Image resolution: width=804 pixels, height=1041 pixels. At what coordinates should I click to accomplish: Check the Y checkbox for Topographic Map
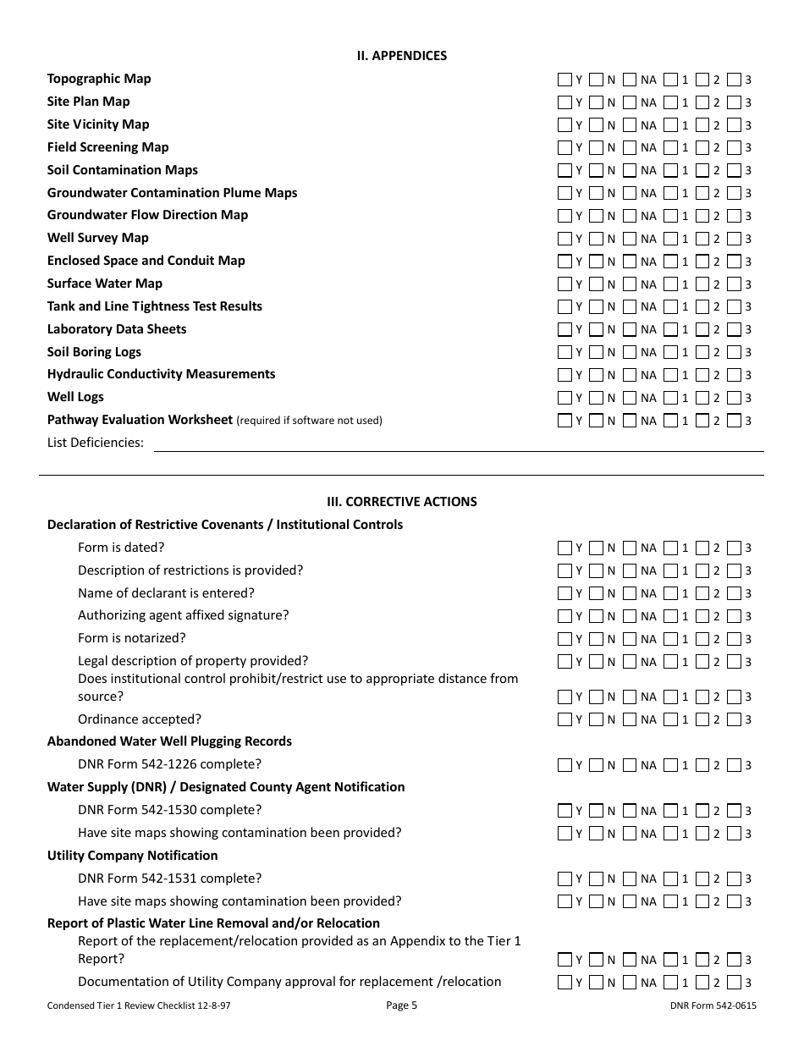pos(564,80)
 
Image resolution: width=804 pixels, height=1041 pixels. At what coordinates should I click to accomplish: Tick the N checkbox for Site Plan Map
pos(597,102)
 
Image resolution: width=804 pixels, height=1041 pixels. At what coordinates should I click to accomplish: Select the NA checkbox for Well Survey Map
pos(630,239)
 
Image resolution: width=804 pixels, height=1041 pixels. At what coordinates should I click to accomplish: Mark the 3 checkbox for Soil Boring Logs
pos(734,352)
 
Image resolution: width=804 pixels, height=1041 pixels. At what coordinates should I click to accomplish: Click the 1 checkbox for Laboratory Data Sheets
pos(670,329)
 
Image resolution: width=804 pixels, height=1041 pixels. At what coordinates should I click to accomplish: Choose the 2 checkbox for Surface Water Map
pos(702,284)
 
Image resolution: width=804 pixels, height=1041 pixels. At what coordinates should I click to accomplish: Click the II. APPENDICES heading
pos(401,56)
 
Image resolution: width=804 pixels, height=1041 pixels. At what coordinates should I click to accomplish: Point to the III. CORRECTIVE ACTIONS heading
pos(401,502)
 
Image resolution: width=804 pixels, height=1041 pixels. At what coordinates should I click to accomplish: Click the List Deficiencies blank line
pos(457,443)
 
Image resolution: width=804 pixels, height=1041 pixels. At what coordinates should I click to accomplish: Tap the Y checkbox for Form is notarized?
pos(564,639)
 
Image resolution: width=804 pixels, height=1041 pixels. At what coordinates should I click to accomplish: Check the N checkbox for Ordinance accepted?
pos(597,719)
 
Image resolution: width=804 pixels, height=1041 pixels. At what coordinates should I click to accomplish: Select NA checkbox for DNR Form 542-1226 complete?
pos(630,765)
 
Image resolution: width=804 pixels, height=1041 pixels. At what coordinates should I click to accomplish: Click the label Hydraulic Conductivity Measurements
pos(161,374)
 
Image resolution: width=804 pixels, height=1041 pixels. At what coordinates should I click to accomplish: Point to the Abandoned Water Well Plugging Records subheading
pos(169,741)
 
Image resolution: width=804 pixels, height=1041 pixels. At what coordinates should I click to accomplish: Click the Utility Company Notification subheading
pos(132,856)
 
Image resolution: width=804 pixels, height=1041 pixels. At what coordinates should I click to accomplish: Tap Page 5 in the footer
pos(401,1005)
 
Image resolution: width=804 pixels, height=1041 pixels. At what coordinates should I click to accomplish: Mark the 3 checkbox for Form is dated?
pos(734,548)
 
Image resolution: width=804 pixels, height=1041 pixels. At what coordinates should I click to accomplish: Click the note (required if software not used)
pos(309,421)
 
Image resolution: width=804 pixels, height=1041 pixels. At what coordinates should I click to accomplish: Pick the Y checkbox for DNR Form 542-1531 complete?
pos(564,879)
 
